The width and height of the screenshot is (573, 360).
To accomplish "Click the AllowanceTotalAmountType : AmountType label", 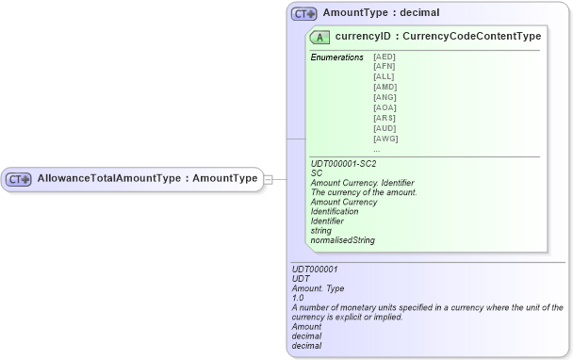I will [146, 178].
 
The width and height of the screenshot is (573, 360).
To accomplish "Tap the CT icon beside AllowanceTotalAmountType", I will [19, 179].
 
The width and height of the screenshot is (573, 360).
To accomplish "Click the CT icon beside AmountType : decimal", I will [303, 14].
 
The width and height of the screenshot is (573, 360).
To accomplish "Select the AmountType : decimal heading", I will [381, 14].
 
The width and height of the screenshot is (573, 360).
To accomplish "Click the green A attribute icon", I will [319, 37].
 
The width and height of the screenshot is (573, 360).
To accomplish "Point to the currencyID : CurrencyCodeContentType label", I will [438, 37].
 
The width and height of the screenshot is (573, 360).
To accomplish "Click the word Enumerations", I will [336, 57].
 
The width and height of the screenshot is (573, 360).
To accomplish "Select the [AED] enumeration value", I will [385, 57].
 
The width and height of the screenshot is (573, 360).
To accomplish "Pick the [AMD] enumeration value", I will [385, 88].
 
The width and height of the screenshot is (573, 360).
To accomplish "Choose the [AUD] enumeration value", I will [385, 129].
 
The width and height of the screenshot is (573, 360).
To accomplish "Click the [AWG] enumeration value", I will [385, 139].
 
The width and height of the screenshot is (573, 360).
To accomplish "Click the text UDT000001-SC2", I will [343, 164].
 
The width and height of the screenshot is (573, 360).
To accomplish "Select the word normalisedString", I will [342, 240].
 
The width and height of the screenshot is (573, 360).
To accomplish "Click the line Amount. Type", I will [319, 288].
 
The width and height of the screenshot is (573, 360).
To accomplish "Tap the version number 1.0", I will [299, 298].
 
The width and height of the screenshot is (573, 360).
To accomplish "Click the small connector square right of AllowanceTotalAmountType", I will [268, 179].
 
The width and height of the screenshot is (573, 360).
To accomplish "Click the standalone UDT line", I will [302, 279].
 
